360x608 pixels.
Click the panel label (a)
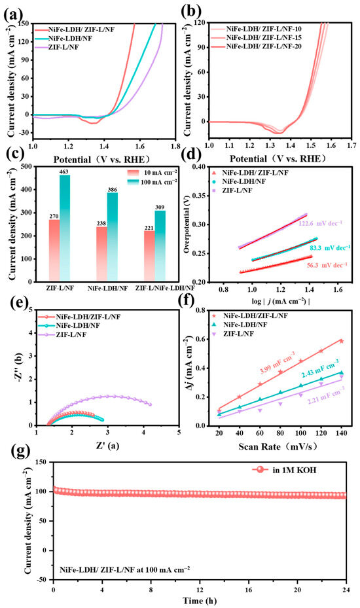pyautogui.click(x=12, y=15)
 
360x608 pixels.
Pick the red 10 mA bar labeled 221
pyautogui.click(x=149, y=255)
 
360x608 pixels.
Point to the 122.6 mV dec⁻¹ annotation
pyautogui.click(x=315, y=223)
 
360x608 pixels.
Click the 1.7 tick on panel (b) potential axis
pyautogui.click(x=351, y=146)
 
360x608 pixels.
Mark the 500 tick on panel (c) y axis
pyautogui.click(x=26, y=167)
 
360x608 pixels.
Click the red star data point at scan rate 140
pyautogui.click(x=342, y=341)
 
